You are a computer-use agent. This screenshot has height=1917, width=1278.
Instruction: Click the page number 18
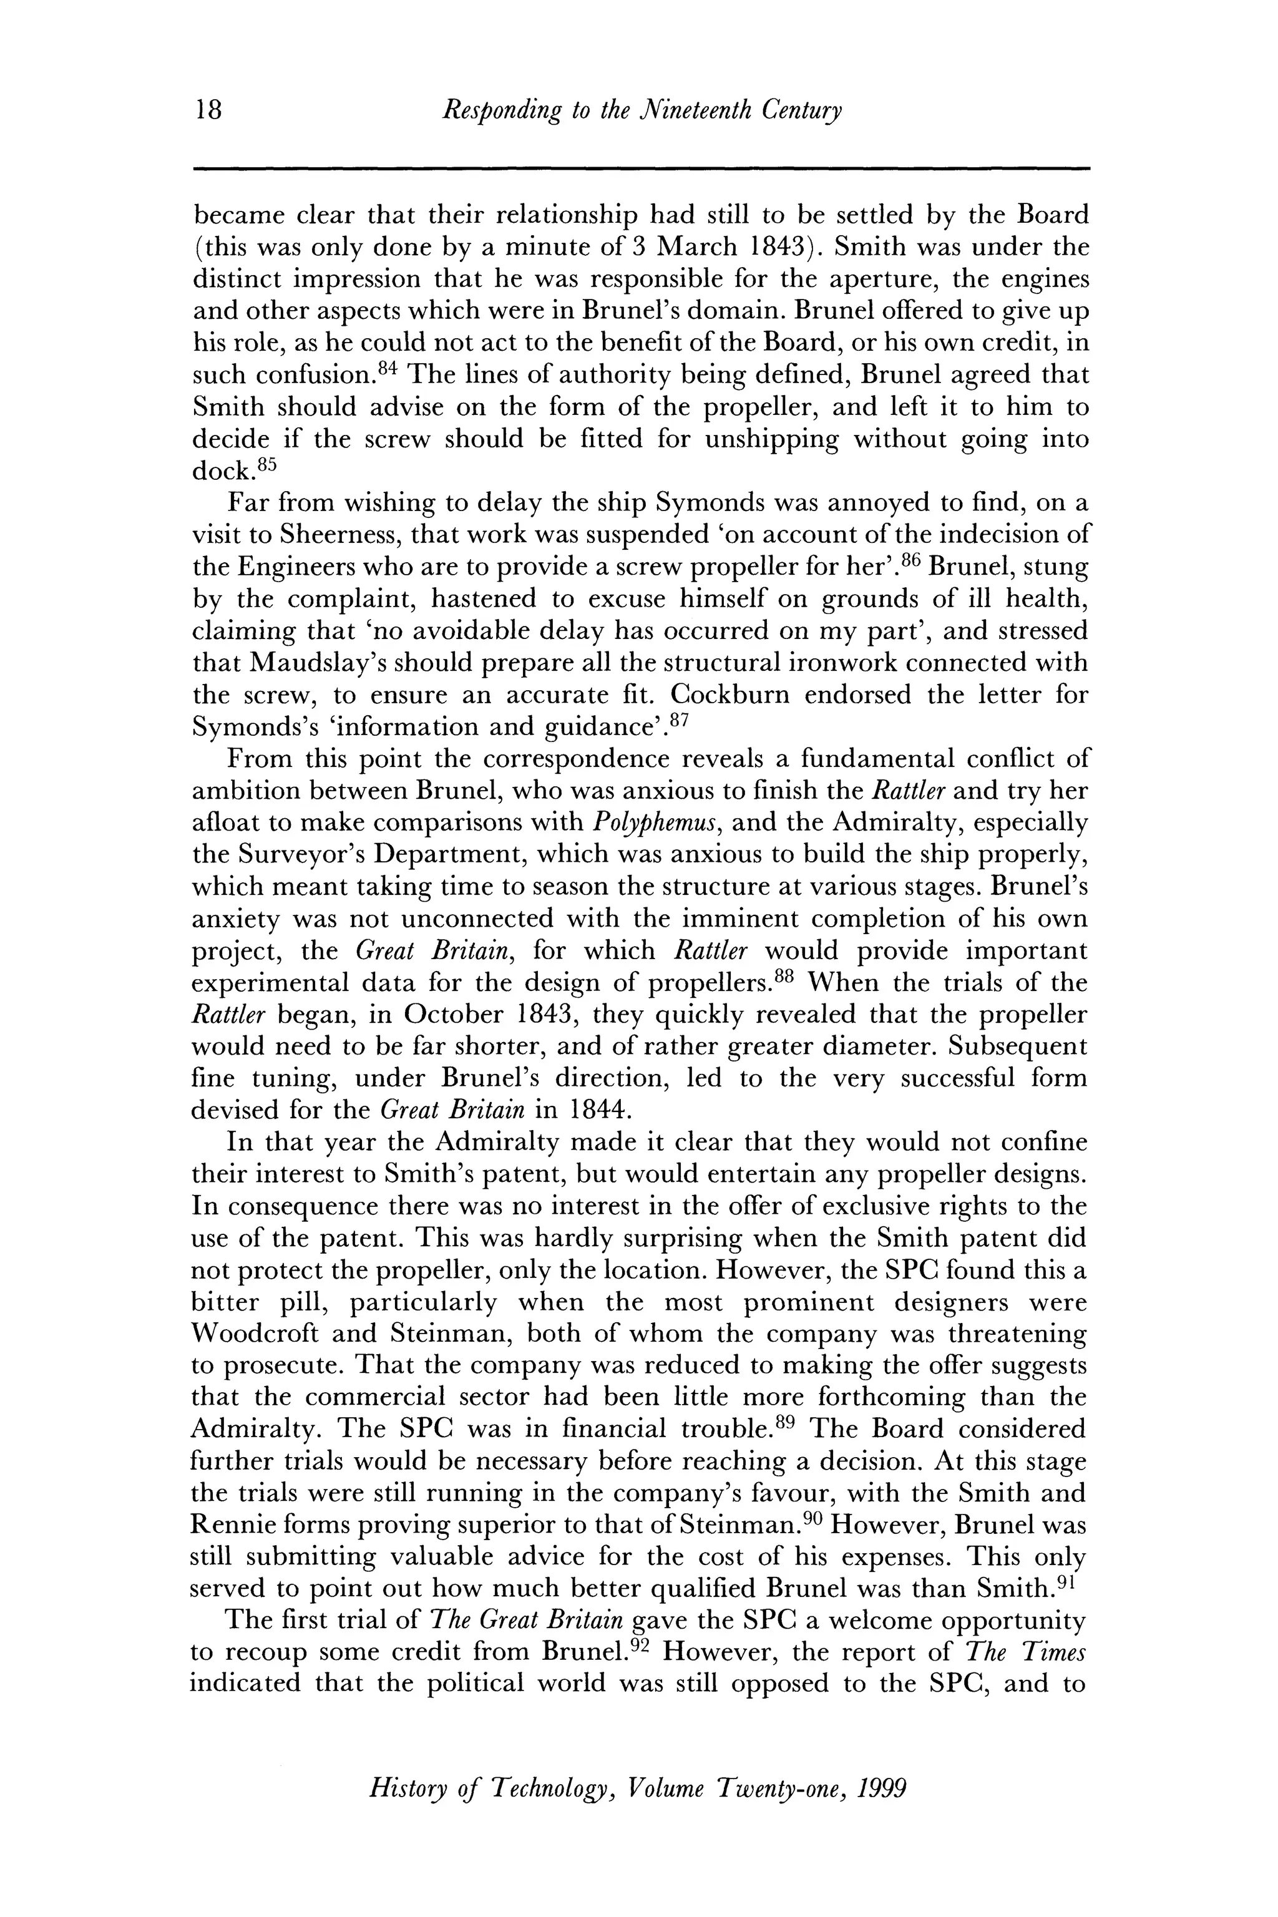[208, 109]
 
